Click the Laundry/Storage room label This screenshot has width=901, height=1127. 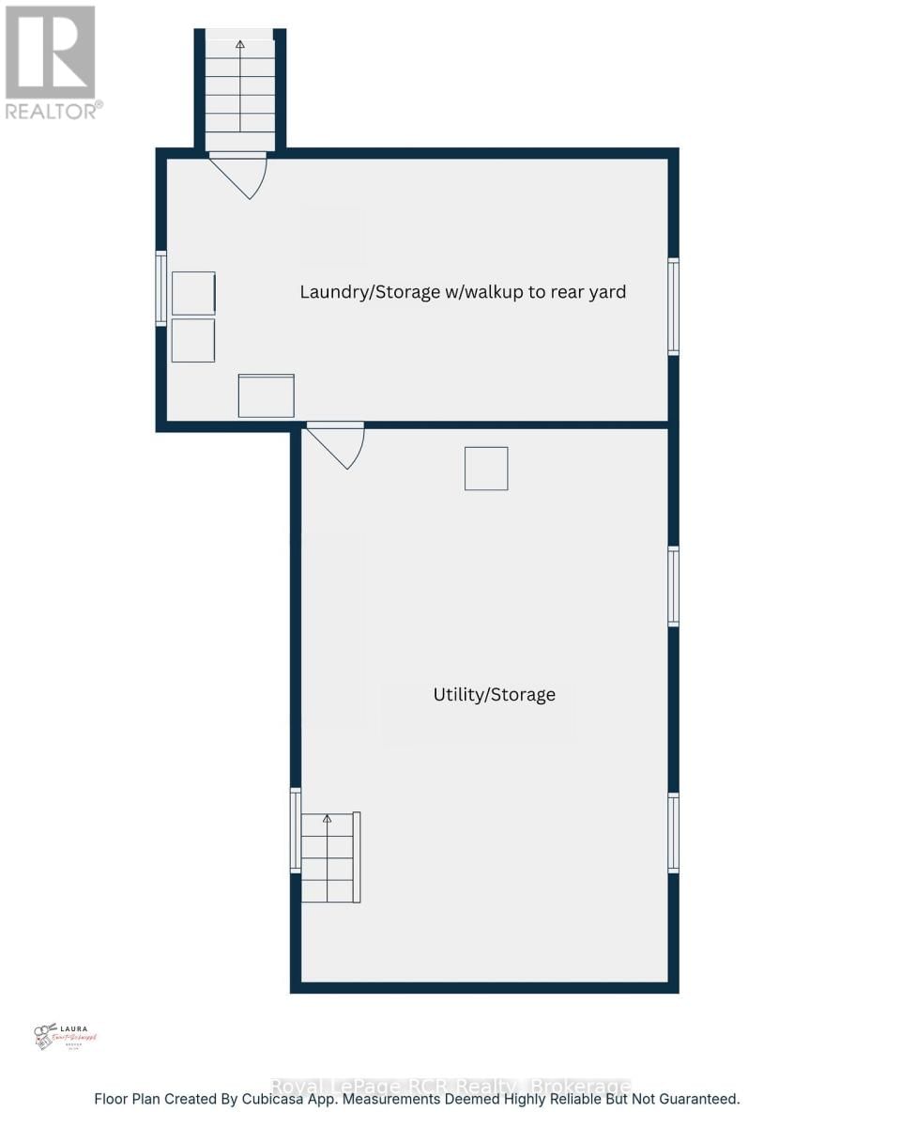463,292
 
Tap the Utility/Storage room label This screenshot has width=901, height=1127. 494,695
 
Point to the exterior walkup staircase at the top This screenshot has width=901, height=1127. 240,89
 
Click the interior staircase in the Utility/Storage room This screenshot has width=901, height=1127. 328,857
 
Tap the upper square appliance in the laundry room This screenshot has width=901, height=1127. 193,293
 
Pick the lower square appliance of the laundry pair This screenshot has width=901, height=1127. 193,340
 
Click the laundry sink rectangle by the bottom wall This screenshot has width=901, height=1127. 267,395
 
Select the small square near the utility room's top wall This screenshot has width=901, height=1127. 486,468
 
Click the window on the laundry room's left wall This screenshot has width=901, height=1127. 161,288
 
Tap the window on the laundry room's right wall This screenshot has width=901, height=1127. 673,306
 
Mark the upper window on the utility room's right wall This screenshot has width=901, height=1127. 673,586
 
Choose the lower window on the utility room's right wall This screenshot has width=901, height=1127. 673,832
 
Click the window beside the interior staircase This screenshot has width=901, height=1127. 296,830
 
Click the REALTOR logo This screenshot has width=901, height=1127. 52,62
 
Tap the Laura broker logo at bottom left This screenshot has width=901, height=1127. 65,1036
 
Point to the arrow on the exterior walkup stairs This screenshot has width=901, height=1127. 240,44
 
